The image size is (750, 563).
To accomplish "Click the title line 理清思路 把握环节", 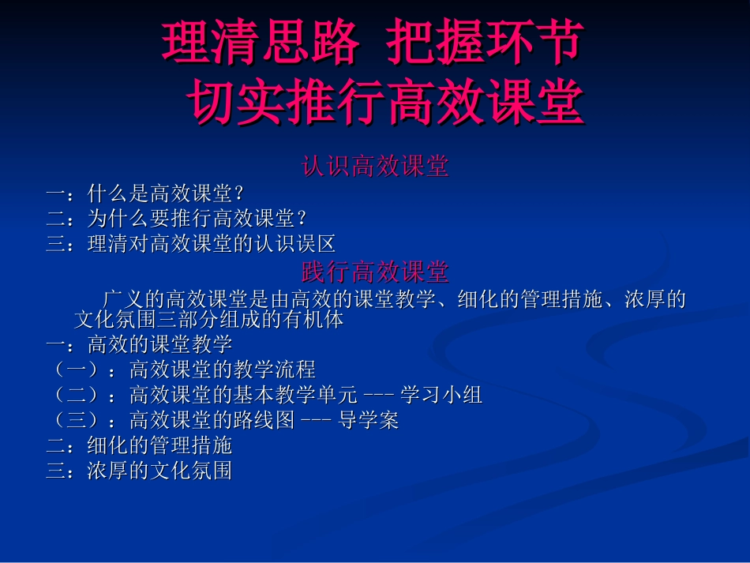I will pyautogui.click(x=373, y=43).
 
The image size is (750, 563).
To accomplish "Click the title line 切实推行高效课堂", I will pyautogui.click(x=387, y=103).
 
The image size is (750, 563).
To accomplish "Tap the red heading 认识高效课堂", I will pyautogui.click(x=375, y=167).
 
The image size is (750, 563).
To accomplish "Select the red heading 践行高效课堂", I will pyautogui.click(x=375, y=272).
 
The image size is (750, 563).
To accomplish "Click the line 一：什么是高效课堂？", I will pyautogui.click(x=146, y=193).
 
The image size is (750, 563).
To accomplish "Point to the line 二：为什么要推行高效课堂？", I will pyautogui.click(x=177, y=218).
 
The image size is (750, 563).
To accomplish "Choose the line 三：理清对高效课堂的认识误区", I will pyautogui.click(x=192, y=243).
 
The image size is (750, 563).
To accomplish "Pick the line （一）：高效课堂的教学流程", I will pyautogui.click(x=182, y=369).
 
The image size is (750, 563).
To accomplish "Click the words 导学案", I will pyautogui.click(x=369, y=420).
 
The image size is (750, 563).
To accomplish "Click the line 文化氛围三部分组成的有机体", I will pyautogui.click(x=208, y=321).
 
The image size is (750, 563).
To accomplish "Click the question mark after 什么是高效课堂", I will pyautogui.click(x=240, y=194).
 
